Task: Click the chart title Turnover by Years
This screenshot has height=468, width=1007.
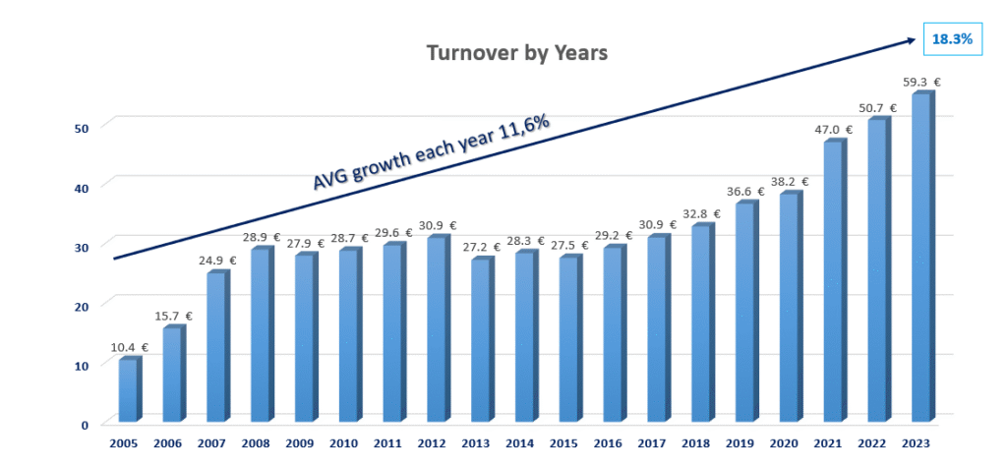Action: tap(517, 52)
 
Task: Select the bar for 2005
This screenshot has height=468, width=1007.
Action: tap(128, 391)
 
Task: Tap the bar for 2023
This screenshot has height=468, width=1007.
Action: tap(921, 259)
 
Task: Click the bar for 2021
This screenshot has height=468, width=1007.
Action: tap(833, 283)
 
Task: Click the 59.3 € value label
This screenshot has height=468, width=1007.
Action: tap(922, 83)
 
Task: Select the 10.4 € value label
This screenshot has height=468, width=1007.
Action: tap(129, 348)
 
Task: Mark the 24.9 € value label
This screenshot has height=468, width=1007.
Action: tap(217, 260)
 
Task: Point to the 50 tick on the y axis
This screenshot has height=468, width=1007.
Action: tap(85, 127)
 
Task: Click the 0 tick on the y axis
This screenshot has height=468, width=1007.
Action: tap(86, 425)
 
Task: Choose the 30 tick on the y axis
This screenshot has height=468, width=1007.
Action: tap(85, 246)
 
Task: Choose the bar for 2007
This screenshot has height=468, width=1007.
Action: tap(216, 348)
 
